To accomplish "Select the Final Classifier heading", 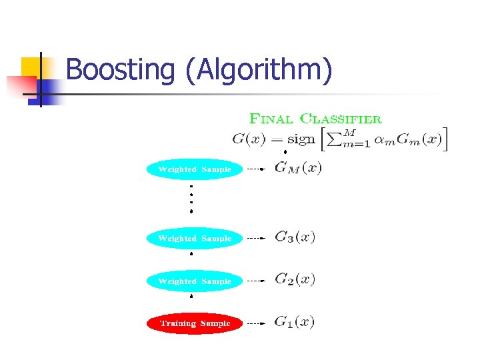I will [x=315, y=119].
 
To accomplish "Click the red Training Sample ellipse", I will [x=195, y=323].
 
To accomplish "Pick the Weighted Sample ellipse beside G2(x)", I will [x=195, y=281].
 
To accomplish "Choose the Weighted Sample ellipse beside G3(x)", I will [x=195, y=238].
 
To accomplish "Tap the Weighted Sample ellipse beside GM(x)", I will [x=195, y=169].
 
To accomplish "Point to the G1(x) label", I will [x=294, y=322].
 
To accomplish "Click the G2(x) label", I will [x=295, y=279].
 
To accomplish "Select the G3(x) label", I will [x=295, y=237].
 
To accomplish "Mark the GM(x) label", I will [x=298, y=168].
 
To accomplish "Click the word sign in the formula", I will [x=301, y=140].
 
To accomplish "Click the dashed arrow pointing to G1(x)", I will [x=255, y=323].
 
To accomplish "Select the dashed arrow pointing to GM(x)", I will [x=255, y=169].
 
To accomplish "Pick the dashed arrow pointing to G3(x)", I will [x=255, y=238].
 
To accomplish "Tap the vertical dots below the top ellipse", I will [x=191, y=198].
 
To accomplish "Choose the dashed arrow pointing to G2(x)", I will [x=255, y=281].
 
